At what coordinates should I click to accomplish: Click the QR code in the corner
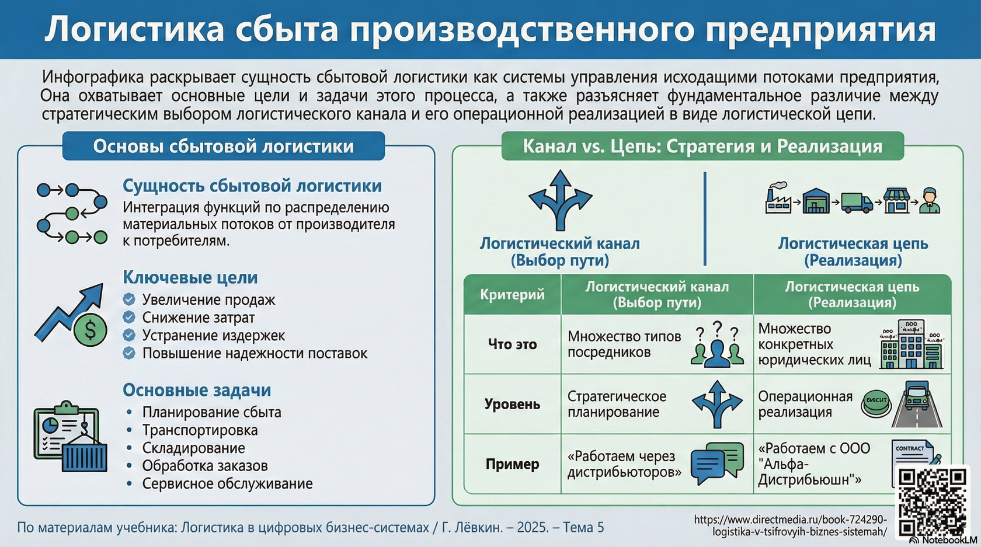932,501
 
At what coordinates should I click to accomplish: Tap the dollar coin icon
91,330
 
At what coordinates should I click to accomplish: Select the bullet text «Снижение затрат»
199,318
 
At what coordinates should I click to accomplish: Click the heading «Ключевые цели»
190,277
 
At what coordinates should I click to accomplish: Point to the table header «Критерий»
512,294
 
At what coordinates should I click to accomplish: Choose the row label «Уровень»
512,404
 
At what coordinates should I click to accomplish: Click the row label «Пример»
512,464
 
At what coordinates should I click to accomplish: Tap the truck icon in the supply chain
857,202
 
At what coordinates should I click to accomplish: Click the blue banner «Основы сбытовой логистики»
223,146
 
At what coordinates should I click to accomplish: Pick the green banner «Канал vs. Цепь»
702,146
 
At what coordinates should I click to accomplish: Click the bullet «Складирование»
193,448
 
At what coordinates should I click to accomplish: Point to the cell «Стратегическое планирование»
617,404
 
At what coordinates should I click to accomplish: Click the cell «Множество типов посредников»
624,344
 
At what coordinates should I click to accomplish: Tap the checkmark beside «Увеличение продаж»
129,299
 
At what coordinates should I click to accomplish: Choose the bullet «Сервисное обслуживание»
227,483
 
